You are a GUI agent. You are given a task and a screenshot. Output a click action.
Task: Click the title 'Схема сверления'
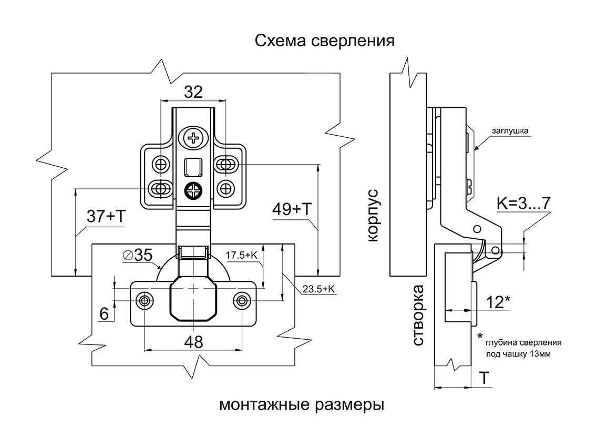(x=324, y=40)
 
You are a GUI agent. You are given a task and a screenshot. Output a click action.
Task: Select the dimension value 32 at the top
(x=193, y=92)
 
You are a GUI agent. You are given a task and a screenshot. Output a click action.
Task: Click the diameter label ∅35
(x=137, y=256)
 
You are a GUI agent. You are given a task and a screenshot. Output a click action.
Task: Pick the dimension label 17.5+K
(x=241, y=255)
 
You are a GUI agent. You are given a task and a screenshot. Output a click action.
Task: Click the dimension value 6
(x=104, y=314)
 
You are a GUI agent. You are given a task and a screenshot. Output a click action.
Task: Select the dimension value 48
(x=193, y=342)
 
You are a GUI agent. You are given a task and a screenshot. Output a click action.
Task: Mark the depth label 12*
(x=498, y=302)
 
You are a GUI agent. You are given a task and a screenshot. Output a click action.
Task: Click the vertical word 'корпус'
(x=373, y=216)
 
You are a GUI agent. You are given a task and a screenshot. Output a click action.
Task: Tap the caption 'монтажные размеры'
(x=301, y=406)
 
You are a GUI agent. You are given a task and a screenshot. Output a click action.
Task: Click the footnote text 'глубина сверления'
(x=523, y=342)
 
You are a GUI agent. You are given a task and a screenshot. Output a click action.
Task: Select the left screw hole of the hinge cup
(x=145, y=300)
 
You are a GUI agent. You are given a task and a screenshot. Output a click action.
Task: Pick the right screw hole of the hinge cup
(x=242, y=300)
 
